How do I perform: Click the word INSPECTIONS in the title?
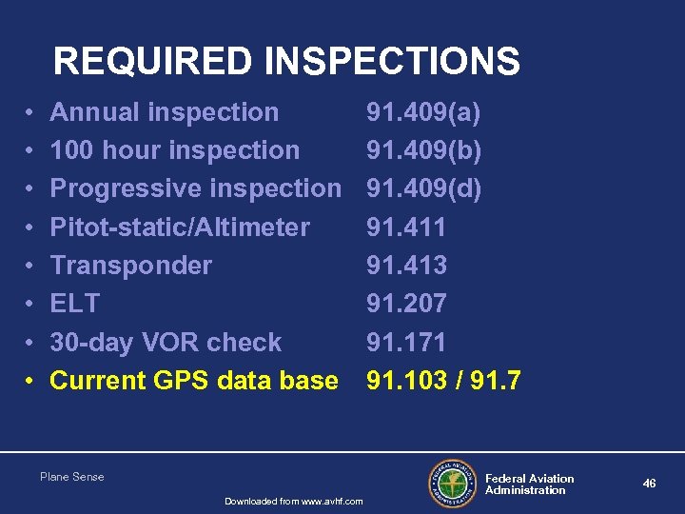393,62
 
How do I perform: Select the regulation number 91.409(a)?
424,112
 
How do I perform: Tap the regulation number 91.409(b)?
424,150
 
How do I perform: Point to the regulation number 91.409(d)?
424,188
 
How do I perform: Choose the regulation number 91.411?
406,227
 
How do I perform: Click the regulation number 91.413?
406,266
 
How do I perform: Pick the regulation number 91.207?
406,304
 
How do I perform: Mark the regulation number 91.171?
406,343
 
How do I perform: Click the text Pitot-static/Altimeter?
180,227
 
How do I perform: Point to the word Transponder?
130,266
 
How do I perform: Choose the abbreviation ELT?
74,304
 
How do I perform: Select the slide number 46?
649,484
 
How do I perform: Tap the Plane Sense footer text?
72,476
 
